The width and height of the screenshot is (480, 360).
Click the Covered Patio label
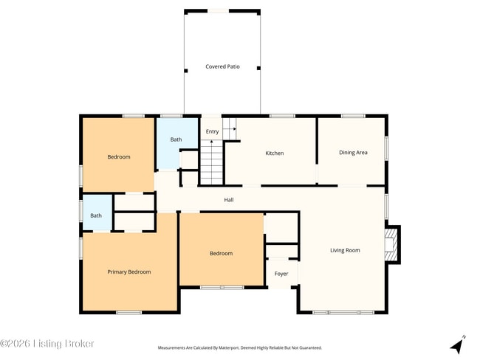pyautogui.click(x=222, y=67)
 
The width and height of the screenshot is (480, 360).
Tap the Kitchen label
pyautogui.click(x=275, y=153)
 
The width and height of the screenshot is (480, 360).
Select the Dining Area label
pyautogui.click(x=353, y=153)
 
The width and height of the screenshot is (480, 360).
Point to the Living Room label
pyautogui.click(x=345, y=251)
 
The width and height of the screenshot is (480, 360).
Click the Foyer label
pyautogui.click(x=281, y=274)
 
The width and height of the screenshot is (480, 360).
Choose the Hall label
pyautogui.click(x=229, y=199)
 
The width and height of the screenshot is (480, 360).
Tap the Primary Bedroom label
pyautogui.click(x=129, y=272)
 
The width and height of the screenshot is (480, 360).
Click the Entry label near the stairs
pyautogui.click(x=212, y=132)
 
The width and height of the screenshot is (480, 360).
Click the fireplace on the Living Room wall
pyautogui.click(x=391, y=244)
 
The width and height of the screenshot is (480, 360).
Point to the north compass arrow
pyautogui.click(x=457, y=344)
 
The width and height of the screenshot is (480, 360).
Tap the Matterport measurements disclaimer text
pyautogui.click(x=240, y=347)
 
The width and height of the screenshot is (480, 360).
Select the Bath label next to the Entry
pyautogui.click(x=176, y=139)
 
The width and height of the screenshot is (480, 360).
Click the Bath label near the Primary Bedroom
pyautogui.click(x=96, y=215)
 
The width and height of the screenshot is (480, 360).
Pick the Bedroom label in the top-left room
pyautogui.click(x=119, y=157)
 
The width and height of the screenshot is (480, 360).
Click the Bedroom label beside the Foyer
pyautogui.click(x=221, y=254)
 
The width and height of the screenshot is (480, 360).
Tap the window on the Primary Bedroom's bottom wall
pyautogui.click(x=128, y=312)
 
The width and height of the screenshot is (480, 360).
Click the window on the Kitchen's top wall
pyautogui.click(x=281, y=116)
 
